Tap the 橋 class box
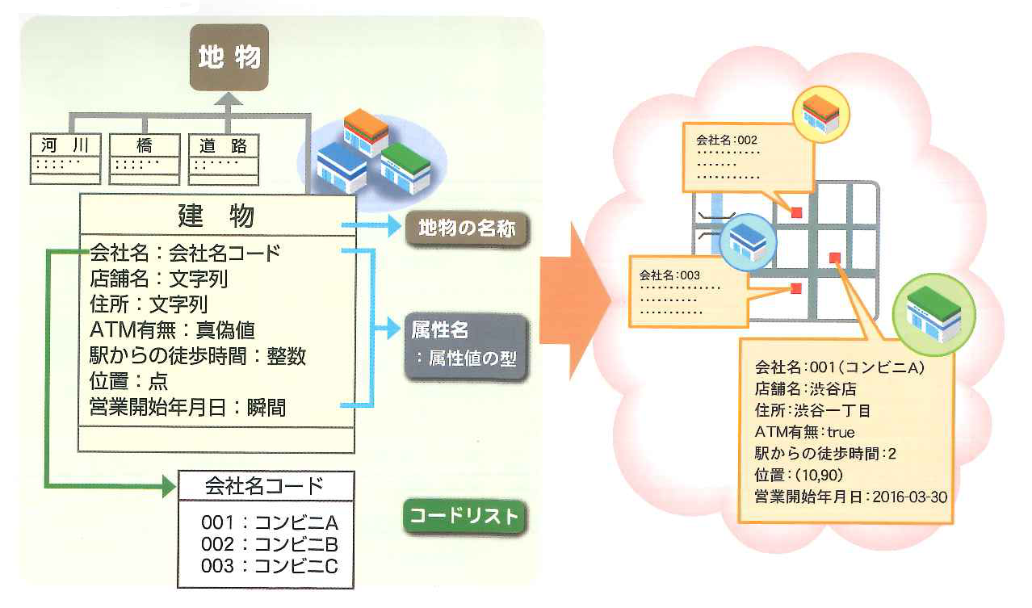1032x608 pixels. [145, 157]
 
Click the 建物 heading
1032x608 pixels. [216, 216]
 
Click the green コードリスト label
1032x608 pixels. [463, 518]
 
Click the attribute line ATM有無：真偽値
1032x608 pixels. [173, 329]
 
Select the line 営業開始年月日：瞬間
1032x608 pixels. [187, 407]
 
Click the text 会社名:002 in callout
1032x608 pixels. [726, 140]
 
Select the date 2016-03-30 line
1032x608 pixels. [850, 497]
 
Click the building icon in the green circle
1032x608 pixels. [933, 309]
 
